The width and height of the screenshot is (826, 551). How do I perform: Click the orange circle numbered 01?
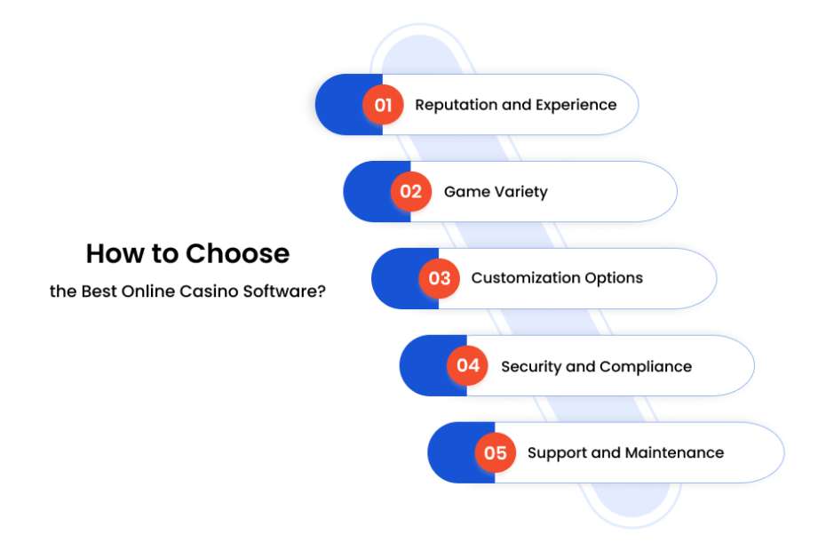(383, 104)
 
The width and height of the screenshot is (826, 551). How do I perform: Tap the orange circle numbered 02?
(411, 191)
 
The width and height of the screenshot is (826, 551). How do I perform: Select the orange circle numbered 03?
(440, 278)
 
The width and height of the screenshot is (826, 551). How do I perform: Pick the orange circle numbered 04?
(467, 365)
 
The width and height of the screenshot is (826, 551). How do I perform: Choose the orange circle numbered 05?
(496, 452)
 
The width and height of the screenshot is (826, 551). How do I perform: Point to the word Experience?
(576, 106)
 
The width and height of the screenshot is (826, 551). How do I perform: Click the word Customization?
(525, 278)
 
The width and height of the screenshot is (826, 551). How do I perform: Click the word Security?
(531, 367)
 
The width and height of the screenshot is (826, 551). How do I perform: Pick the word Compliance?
(646, 366)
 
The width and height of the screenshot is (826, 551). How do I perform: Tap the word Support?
(558, 453)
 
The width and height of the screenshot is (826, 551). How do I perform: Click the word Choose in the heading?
(237, 253)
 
